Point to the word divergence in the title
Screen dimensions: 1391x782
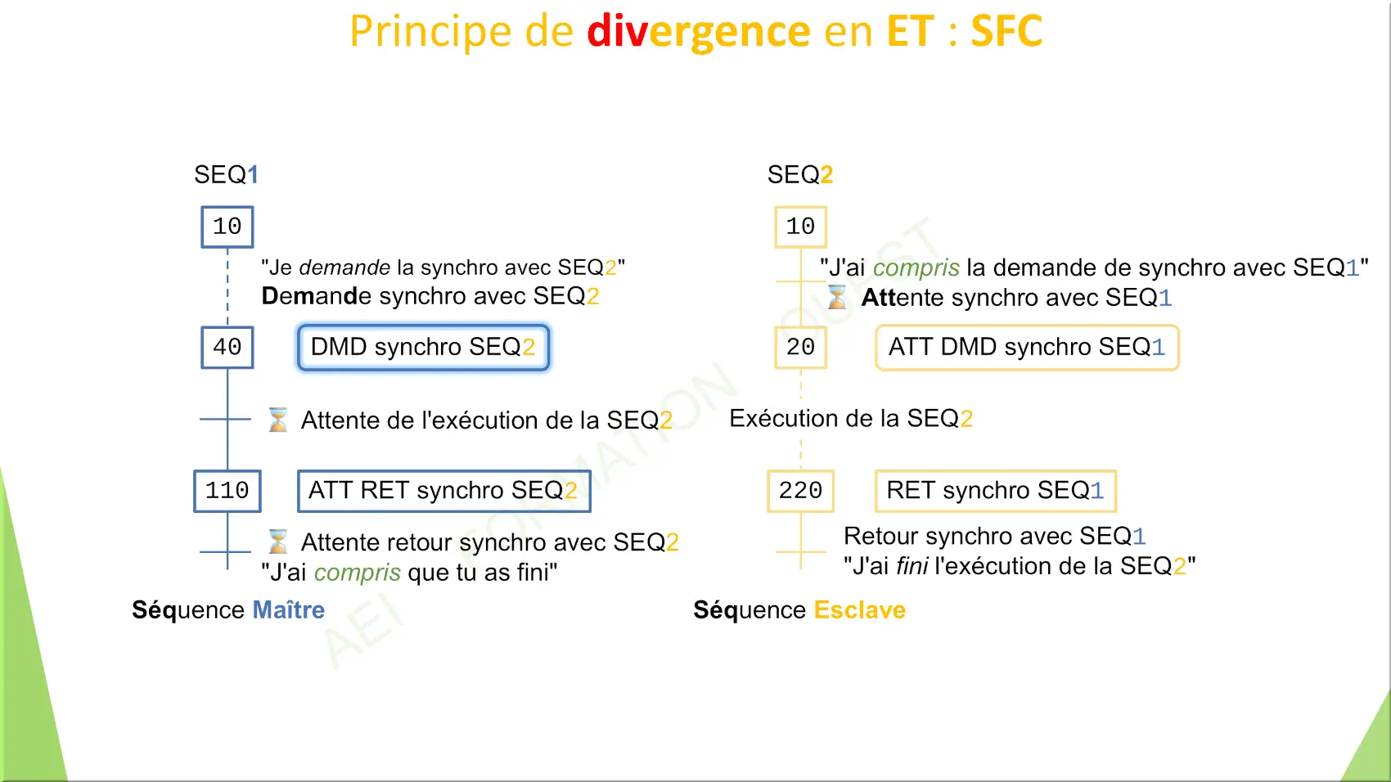pos(699,32)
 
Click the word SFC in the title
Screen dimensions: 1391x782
pos(1006,31)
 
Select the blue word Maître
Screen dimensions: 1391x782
pos(289,609)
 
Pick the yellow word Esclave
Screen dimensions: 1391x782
pos(860,610)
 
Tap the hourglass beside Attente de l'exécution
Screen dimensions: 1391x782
pos(277,420)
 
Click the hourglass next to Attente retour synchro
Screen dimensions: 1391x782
pos(277,542)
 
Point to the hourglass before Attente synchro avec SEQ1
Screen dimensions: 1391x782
pos(836,297)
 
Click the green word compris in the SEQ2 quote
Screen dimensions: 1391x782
pos(916,268)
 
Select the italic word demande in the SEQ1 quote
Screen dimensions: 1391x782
pos(344,267)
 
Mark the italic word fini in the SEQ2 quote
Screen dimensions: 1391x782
pos(912,565)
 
